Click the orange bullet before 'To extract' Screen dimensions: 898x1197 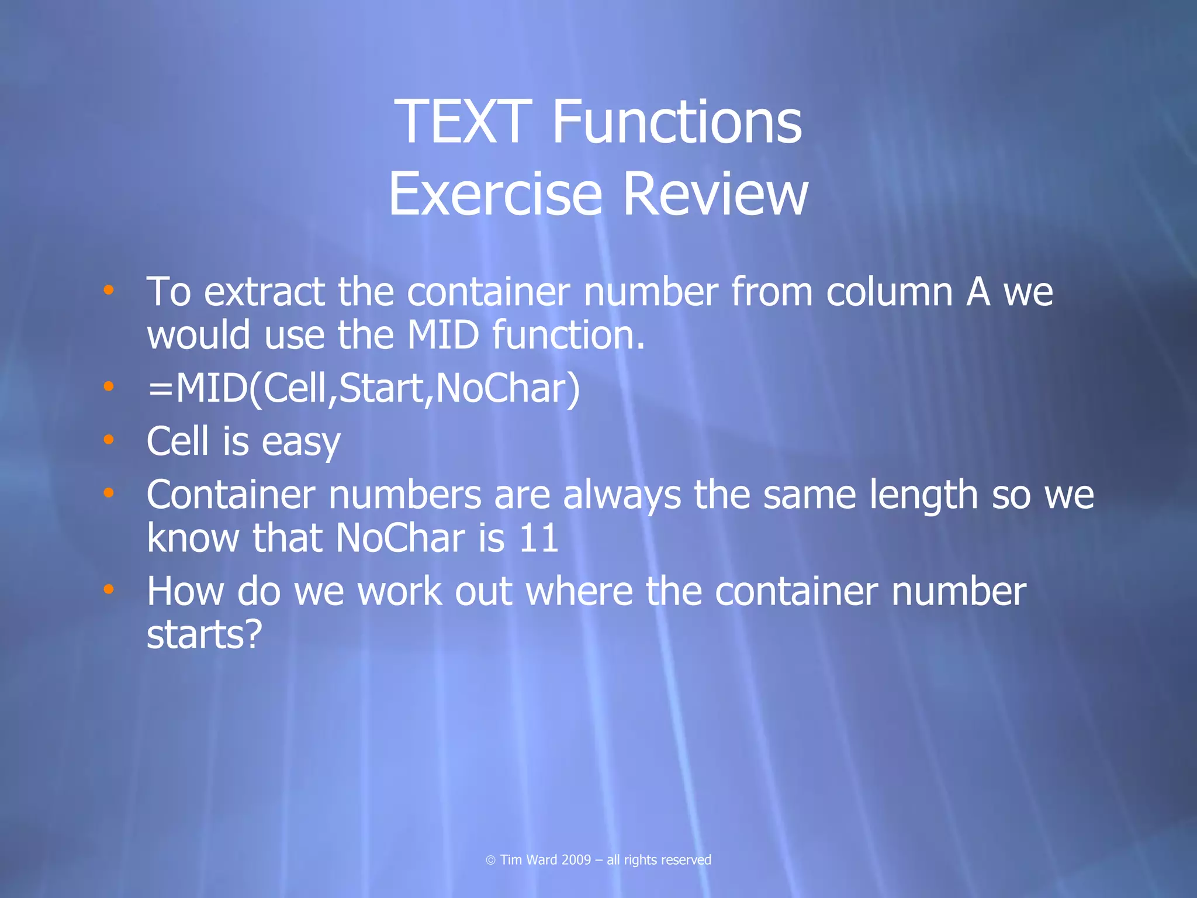[109, 289]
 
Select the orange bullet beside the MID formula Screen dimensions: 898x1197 [109, 386]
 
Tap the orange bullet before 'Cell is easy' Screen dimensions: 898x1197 [109, 439]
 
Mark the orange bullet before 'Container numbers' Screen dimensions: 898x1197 [109, 493]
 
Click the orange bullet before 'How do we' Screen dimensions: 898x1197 [109, 589]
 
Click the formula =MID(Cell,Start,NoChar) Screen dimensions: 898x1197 [364, 388]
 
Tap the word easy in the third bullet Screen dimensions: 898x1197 [300, 443]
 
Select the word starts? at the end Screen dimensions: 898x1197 [205, 635]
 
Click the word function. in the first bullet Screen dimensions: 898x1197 [568, 336]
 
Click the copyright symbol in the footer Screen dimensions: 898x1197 [490, 860]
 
